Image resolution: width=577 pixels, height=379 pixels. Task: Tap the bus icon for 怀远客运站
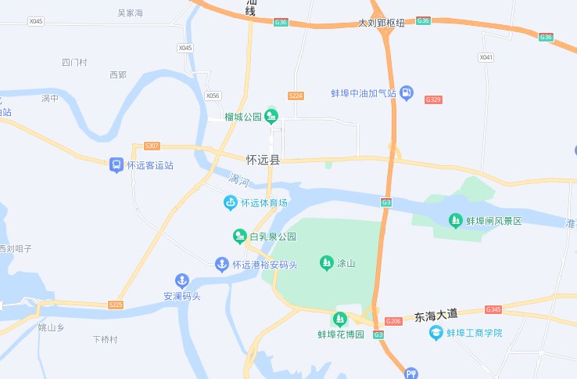click(116, 165)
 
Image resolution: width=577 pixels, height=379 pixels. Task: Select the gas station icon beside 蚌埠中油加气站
click(407, 93)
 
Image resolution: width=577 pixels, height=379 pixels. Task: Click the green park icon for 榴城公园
click(271, 117)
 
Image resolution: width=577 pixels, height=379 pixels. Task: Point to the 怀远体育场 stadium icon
click(230, 203)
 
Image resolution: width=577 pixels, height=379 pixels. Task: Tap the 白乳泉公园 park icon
click(240, 236)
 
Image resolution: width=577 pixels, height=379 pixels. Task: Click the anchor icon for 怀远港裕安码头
click(222, 265)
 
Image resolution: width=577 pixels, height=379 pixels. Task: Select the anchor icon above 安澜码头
click(181, 280)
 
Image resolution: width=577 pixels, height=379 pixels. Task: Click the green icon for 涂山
click(326, 263)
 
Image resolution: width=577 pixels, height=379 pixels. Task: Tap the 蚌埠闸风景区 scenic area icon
click(456, 221)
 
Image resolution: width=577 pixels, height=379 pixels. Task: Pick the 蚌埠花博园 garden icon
click(339, 319)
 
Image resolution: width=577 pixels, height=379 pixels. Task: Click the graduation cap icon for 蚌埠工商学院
click(436, 333)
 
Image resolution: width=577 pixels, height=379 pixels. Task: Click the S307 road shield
click(152, 146)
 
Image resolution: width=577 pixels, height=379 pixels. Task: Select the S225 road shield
click(116, 304)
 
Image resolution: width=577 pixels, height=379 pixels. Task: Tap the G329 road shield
click(433, 99)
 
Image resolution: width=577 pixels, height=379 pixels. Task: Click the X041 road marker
click(486, 57)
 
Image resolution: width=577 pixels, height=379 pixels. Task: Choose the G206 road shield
click(393, 321)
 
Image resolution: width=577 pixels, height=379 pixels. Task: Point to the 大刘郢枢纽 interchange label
click(382, 23)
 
